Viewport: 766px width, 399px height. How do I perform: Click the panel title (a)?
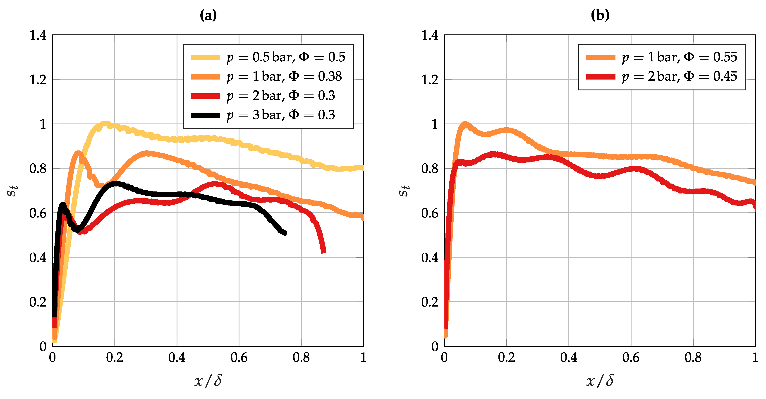point(208,15)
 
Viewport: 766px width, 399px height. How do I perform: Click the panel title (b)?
point(600,15)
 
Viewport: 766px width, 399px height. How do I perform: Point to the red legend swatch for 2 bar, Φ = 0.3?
point(206,96)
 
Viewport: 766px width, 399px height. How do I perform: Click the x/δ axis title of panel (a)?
point(208,381)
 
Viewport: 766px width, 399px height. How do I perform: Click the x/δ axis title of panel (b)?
point(600,381)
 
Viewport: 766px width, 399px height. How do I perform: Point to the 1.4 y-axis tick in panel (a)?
point(38,35)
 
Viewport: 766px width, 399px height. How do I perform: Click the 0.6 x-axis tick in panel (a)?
point(239,357)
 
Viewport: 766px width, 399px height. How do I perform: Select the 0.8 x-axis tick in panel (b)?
point(693,357)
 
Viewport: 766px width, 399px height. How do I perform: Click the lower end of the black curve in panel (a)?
point(285,233)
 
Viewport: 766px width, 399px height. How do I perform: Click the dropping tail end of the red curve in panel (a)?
point(323,251)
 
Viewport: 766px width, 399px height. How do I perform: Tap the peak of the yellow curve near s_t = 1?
point(105,124)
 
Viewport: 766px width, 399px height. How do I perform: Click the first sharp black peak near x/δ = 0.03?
point(63,204)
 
